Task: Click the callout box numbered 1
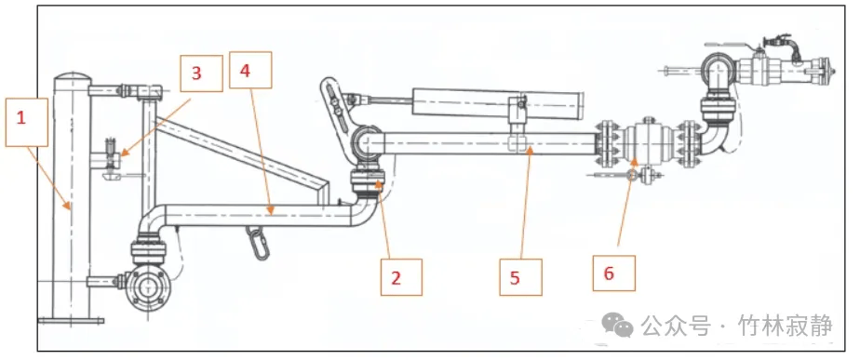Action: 26,122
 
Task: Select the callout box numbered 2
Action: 401,276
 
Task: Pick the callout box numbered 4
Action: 250,70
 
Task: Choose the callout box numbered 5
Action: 520,277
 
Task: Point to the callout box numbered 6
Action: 613,273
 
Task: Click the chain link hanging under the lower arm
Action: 255,241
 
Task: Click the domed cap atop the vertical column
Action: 72,78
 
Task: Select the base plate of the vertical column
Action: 71,321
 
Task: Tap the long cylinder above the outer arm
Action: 497,103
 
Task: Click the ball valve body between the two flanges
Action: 649,142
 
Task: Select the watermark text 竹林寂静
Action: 786,326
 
